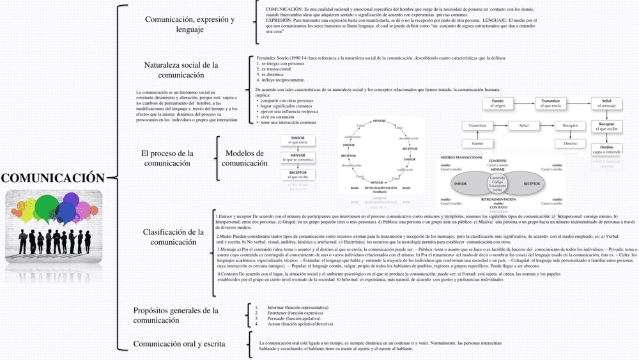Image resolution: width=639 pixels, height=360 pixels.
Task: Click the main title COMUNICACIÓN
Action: [52, 178]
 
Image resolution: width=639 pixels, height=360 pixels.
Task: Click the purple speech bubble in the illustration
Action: [83, 209]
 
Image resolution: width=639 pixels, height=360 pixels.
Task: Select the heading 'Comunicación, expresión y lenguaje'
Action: [189, 24]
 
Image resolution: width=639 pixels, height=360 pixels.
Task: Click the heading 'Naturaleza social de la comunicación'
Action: [181, 70]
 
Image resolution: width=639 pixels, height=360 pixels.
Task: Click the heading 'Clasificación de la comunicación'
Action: [173, 237]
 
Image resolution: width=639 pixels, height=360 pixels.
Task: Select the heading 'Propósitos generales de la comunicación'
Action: [176, 315]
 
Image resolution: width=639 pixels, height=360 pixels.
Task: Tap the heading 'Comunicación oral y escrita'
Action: [179, 344]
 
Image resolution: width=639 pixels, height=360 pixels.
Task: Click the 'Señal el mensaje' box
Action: [606, 103]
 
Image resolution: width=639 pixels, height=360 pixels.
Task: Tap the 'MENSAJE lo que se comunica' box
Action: [298, 157]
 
